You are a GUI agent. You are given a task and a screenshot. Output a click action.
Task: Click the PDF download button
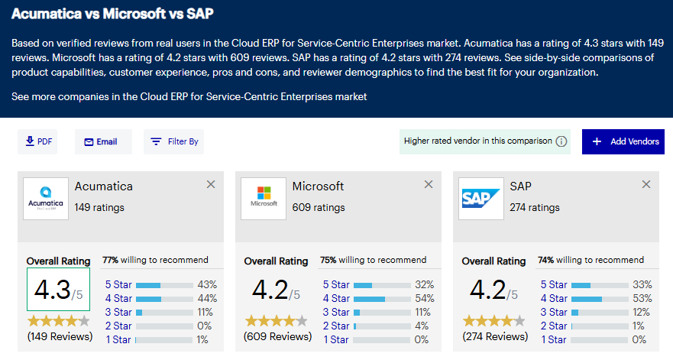37,141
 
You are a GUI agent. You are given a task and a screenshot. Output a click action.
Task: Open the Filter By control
174,141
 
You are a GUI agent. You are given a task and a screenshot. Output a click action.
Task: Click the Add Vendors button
623,141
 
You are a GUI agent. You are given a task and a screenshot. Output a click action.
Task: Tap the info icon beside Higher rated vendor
561,141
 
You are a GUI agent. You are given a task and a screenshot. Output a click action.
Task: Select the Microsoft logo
264,198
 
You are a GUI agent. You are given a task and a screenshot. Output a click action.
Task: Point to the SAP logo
481,198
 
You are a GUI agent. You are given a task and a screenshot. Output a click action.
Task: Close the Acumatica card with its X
211,184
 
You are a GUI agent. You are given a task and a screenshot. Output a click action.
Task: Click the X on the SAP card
646,184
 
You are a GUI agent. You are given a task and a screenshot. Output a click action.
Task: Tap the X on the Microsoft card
429,184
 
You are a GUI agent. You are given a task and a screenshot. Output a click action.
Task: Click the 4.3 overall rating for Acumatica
58,290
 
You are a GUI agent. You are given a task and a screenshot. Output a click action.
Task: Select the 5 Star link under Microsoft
336,284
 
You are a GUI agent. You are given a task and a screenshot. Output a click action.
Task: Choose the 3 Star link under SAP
554,312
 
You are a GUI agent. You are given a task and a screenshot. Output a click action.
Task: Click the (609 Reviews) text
277,336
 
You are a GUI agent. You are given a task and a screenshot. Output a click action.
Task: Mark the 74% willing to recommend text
590,260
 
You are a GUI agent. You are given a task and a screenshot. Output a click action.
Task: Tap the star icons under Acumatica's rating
58,320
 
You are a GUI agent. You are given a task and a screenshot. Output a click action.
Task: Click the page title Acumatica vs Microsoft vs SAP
112,15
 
